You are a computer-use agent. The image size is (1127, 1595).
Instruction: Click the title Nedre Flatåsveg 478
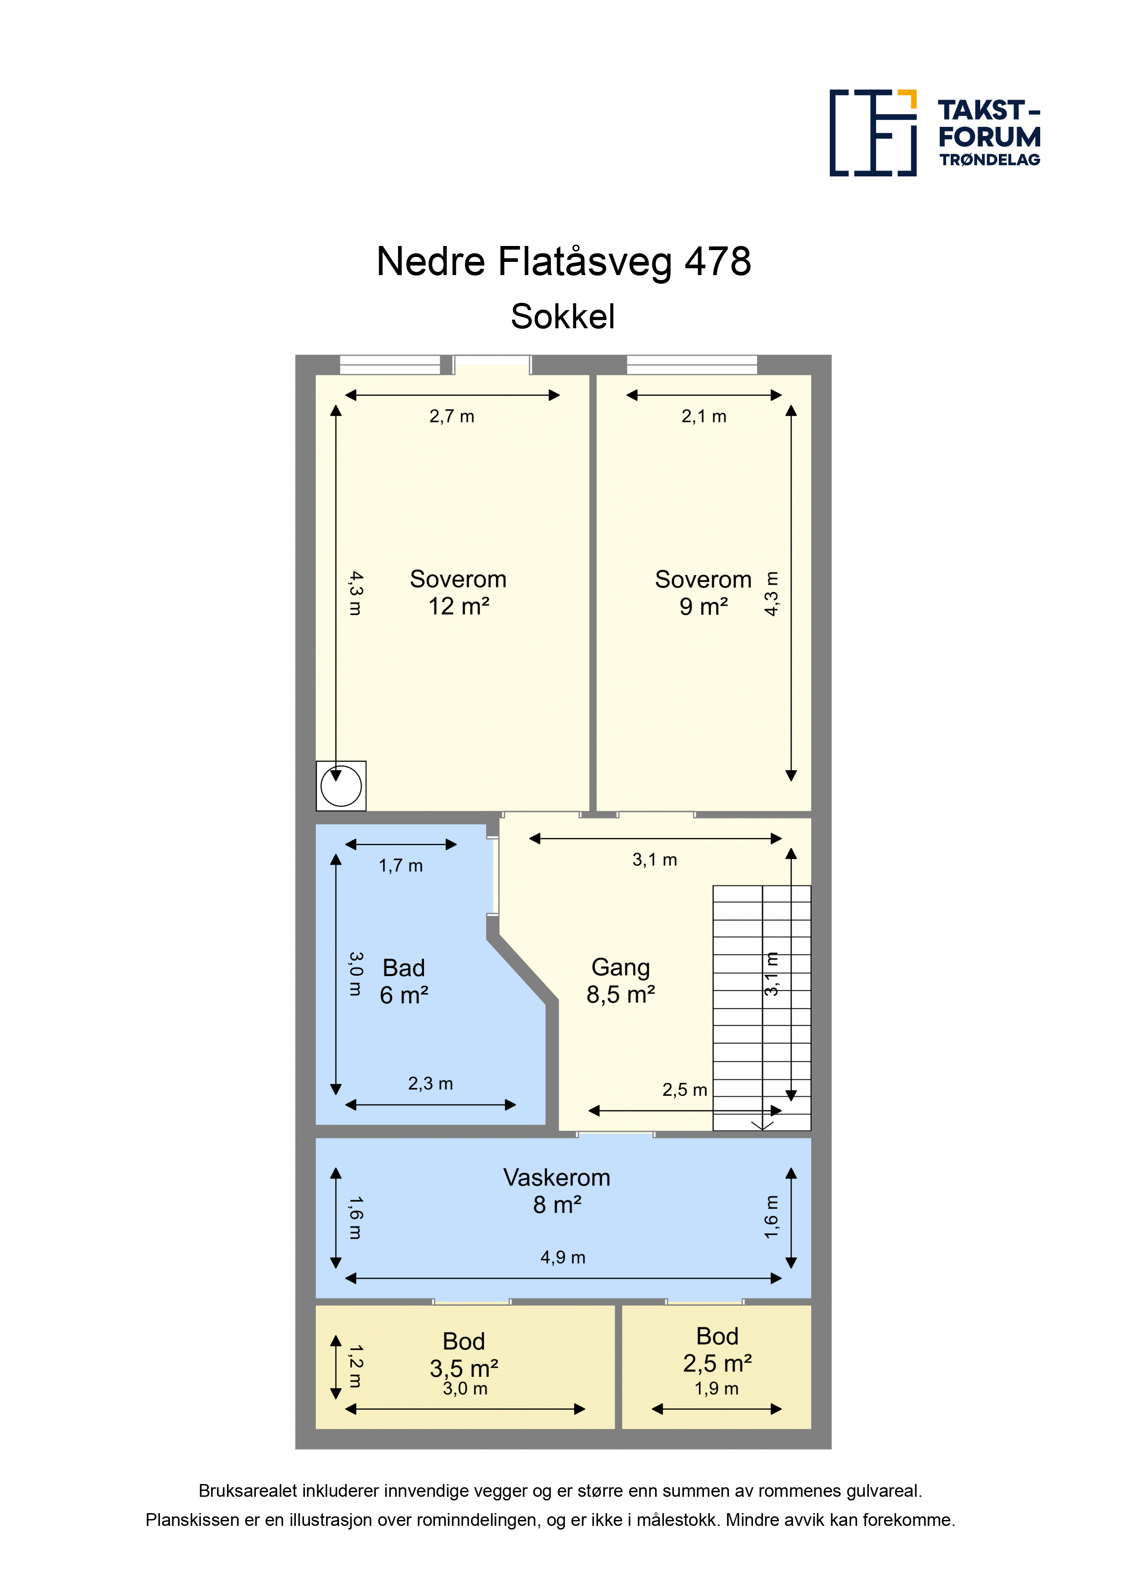click(x=563, y=261)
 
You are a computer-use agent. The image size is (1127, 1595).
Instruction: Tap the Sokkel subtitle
click(x=563, y=317)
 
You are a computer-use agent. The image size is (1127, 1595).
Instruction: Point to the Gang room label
click(x=621, y=968)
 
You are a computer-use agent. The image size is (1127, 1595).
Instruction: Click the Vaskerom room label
click(x=557, y=1178)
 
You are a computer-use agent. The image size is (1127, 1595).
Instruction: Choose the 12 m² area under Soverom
click(x=459, y=607)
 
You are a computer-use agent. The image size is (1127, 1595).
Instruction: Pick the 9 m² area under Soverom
click(x=703, y=607)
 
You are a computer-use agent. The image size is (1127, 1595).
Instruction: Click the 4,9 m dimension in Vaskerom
click(x=563, y=1257)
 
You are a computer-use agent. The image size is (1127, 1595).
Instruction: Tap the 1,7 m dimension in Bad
click(x=401, y=866)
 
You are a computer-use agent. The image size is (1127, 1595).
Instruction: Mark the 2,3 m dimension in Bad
click(x=430, y=1083)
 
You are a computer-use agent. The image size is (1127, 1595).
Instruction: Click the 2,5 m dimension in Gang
click(x=685, y=1090)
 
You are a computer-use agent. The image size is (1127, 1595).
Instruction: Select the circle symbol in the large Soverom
click(x=341, y=787)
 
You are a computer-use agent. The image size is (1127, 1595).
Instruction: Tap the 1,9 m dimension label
click(x=717, y=1389)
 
